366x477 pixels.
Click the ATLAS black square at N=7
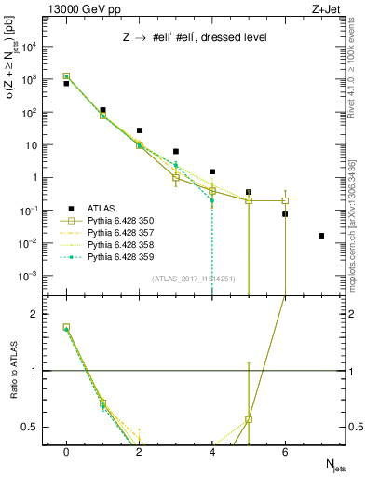[x=321, y=236]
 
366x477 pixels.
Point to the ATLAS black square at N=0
[x=66, y=84]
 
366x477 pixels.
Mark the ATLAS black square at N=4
[x=212, y=171]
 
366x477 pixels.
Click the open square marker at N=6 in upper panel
[x=285, y=200]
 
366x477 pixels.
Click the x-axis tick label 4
[x=212, y=451]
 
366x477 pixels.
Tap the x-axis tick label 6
[x=285, y=451]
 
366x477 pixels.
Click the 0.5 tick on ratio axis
[x=30, y=427]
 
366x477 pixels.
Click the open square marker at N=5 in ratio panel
[x=249, y=419]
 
